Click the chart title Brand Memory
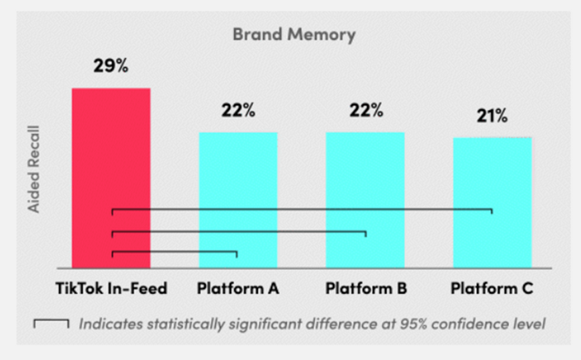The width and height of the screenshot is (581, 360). point(294,35)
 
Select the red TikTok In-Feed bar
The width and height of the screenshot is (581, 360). point(111,178)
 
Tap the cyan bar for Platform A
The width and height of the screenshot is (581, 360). point(239,200)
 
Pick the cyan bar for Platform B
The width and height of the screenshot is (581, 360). point(365,200)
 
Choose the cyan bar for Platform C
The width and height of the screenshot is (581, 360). point(492,203)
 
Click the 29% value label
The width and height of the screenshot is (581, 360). point(111,65)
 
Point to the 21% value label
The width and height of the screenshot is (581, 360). point(492,116)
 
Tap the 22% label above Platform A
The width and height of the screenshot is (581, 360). point(239,110)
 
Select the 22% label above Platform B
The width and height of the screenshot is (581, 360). point(366,110)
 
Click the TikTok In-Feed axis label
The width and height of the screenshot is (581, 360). point(111,288)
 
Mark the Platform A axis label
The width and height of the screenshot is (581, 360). point(238,288)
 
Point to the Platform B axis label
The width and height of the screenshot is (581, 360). point(366,288)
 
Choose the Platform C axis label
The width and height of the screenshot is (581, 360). point(492,288)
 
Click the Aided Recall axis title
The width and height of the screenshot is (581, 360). point(34,169)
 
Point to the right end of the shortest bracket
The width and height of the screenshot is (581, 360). point(237,255)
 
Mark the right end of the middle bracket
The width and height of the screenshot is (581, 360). point(366,234)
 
